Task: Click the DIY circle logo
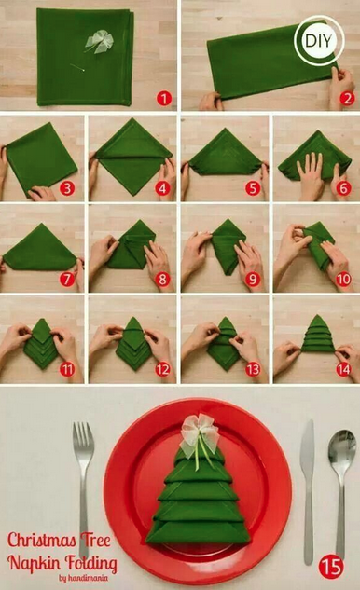click(319, 41)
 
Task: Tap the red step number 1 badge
click(164, 99)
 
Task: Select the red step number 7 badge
click(67, 280)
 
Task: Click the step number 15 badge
click(331, 567)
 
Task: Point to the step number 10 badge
click(343, 280)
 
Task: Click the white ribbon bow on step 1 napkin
click(99, 41)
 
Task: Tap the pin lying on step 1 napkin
click(77, 67)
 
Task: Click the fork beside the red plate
click(83, 489)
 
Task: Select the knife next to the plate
click(308, 492)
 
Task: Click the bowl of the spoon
click(342, 450)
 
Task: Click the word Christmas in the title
click(41, 541)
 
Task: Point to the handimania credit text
click(83, 578)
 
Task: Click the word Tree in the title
click(95, 541)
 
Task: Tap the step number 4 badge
click(162, 188)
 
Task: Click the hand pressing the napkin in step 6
click(310, 174)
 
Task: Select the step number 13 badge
click(253, 369)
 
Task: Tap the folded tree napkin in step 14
click(318, 335)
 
